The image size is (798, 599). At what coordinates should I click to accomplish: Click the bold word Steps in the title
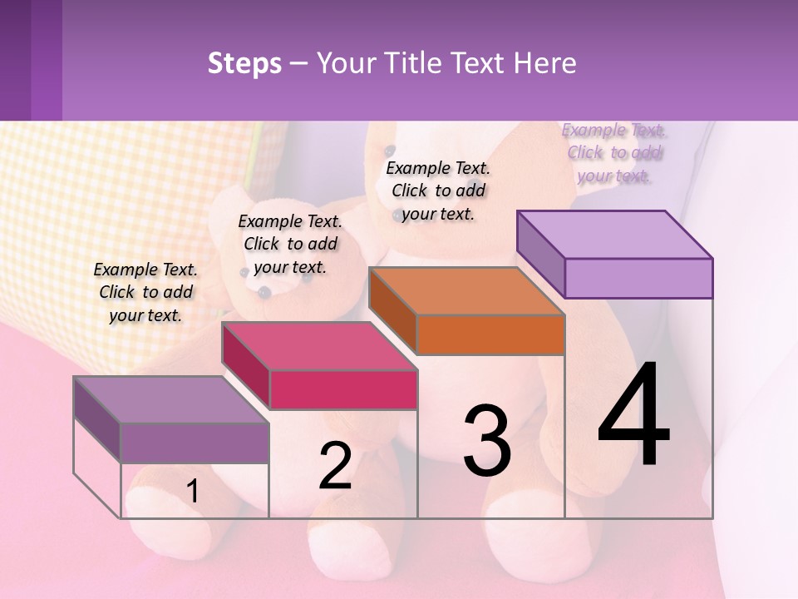tap(244, 63)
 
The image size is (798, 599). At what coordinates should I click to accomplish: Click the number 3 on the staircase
tap(487, 441)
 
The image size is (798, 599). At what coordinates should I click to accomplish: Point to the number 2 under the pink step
tap(335, 466)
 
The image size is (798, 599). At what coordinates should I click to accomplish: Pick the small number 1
tap(192, 492)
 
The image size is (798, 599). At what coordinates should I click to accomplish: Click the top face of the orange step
tap(466, 292)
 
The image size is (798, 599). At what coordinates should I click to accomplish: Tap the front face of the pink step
tap(343, 389)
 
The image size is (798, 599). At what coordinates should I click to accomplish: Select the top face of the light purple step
tap(614, 235)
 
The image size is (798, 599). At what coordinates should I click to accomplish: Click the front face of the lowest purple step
tap(195, 443)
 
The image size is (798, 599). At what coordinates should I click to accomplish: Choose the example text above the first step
tap(145, 292)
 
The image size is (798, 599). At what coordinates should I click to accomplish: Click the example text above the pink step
tap(290, 244)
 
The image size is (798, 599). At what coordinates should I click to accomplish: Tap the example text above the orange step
tap(438, 191)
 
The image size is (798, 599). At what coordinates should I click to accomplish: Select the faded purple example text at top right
tap(613, 152)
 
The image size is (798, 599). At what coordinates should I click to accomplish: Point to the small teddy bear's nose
tap(264, 291)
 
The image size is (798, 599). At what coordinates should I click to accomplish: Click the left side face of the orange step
tap(392, 312)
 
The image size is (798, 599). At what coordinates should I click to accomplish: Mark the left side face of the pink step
tap(246, 366)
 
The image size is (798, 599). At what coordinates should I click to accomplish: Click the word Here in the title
tap(544, 63)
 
